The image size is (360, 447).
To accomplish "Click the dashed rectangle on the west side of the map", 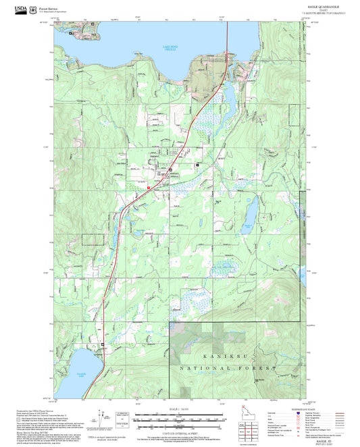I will click(93, 239).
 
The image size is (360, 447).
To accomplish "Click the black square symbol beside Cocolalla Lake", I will click(103, 344).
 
